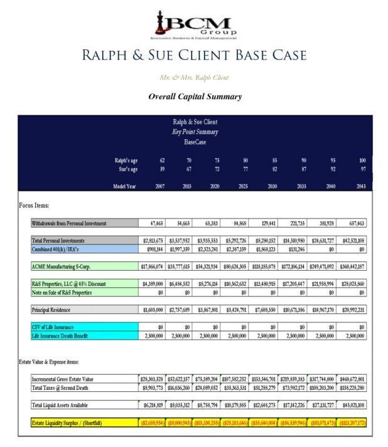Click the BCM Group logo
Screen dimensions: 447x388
point(195,26)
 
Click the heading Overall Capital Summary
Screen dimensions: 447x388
point(195,97)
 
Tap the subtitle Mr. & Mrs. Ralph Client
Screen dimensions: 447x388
point(195,78)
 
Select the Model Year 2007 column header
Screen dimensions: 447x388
point(160,186)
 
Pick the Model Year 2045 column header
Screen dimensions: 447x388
point(360,186)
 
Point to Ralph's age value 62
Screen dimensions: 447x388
point(162,160)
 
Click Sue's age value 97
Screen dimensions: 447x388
point(362,169)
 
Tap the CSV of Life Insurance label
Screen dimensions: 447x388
point(53,327)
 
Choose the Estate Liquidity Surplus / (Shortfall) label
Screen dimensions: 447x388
point(67,423)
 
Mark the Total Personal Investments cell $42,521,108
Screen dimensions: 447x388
point(352,241)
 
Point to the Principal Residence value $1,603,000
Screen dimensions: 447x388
point(153,310)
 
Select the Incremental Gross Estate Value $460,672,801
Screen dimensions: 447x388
point(352,379)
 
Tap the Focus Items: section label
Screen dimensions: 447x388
point(34,206)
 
